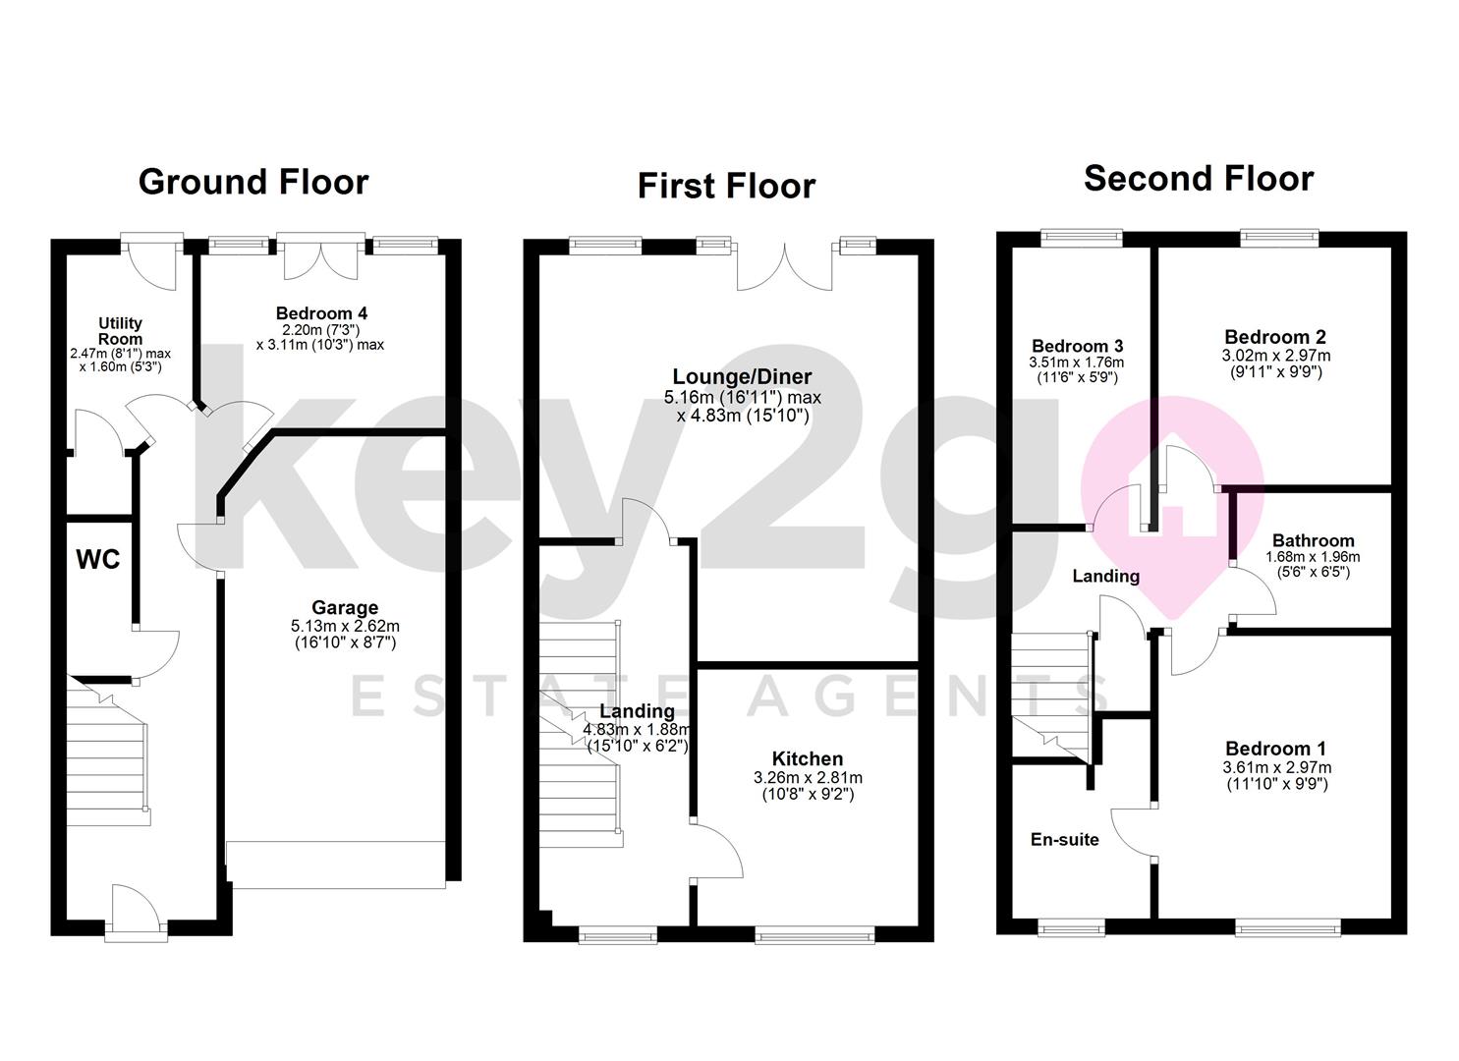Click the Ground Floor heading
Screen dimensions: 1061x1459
(x=253, y=182)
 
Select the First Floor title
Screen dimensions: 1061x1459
(x=726, y=186)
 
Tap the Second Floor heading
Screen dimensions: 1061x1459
(x=1199, y=179)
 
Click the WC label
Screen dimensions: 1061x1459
(x=98, y=560)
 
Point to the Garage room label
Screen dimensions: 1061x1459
(x=345, y=608)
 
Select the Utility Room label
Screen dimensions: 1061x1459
(x=120, y=330)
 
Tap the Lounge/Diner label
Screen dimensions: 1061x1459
(x=742, y=377)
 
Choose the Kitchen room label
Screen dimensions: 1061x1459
(x=807, y=758)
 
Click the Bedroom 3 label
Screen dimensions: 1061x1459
(x=1077, y=346)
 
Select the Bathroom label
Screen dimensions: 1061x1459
(x=1313, y=540)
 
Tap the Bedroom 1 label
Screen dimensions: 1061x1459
(x=1274, y=749)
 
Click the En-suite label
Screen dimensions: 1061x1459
(x=1064, y=840)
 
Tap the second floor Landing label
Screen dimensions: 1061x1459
(x=1105, y=577)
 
